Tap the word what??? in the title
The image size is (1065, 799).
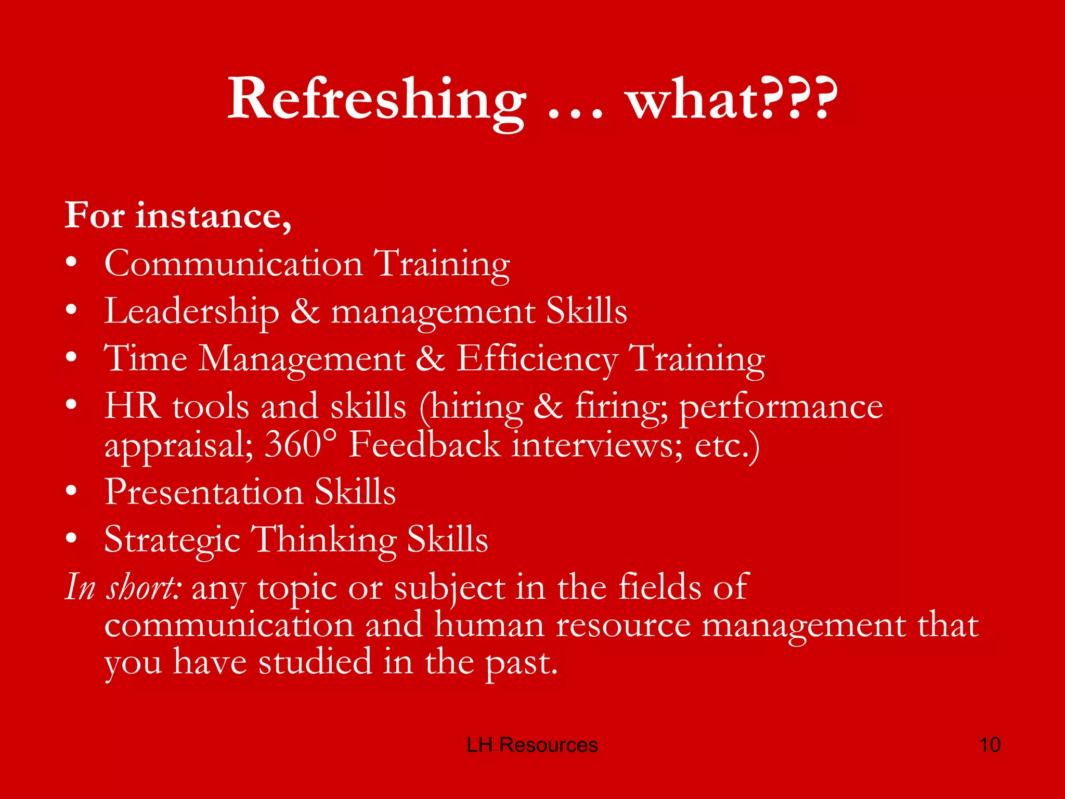[732, 99]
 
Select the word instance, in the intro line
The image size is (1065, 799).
[213, 215]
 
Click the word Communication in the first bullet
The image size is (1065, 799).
[233, 263]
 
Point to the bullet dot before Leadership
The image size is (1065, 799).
[72, 311]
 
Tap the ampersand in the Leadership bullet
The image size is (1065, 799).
[305, 311]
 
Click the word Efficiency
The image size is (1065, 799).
[537, 359]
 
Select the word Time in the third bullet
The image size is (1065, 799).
[146, 358]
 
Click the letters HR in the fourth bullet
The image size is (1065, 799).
[132, 406]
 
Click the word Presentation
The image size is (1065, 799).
[204, 492]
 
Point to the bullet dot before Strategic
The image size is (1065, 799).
[72, 538]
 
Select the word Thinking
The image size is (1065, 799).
[323, 539]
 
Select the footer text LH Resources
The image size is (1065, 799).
[532, 745]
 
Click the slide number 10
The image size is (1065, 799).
[990, 745]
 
